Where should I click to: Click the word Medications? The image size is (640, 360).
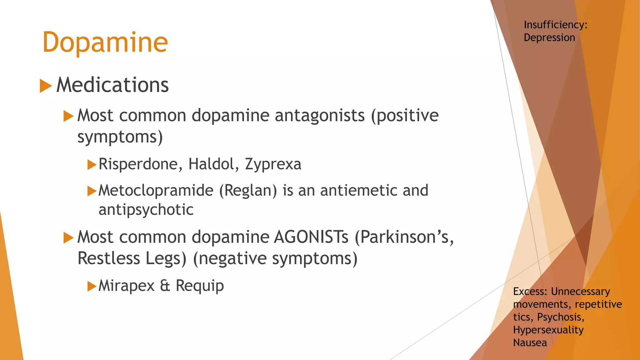[x=112, y=85]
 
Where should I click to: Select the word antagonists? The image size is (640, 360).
[x=320, y=116]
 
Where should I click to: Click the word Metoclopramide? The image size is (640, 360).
[x=156, y=191]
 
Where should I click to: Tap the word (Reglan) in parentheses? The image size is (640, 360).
[x=248, y=191]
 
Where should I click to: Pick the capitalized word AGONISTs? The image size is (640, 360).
[x=311, y=237]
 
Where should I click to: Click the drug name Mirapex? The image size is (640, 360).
[x=127, y=286]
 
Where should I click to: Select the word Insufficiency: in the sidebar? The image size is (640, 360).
[x=556, y=25]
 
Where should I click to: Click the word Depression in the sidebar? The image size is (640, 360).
[x=549, y=37]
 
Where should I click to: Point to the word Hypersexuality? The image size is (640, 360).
[x=548, y=330]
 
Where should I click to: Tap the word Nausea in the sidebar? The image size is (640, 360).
[x=530, y=343]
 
